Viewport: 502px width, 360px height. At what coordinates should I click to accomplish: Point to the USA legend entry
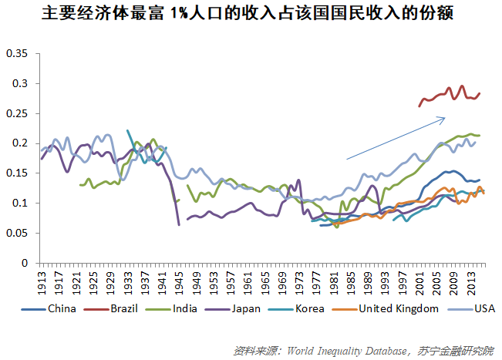pyautogui.click(x=474, y=309)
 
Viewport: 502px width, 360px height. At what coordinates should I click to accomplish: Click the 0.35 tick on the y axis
pyautogui.click(x=17, y=54)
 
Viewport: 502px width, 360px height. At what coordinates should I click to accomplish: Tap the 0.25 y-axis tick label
pyautogui.click(x=17, y=113)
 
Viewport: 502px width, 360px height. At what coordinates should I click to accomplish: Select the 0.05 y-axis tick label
pyautogui.click(x=17, y=233)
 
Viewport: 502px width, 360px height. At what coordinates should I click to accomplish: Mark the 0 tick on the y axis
pyautogui.click(x=24, y=263)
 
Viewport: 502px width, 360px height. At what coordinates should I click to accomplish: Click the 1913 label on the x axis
pyautogui.click(x=42, y=278)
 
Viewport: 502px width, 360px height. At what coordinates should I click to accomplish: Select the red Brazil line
pyautogui.click(x=447, y=94)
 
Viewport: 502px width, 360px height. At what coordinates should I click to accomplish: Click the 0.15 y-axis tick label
pyautogui.click(x=17, y=173)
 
